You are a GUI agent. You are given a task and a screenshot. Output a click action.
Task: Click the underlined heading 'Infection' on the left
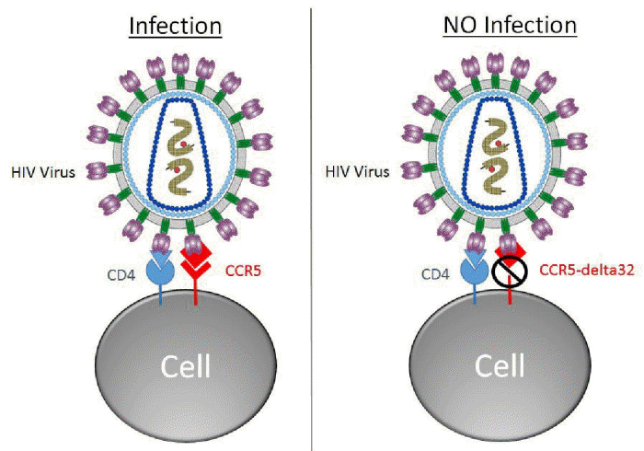175,25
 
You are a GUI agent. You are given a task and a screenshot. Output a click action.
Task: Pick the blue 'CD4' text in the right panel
437,272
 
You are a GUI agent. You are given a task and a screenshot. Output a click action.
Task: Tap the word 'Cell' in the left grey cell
184,365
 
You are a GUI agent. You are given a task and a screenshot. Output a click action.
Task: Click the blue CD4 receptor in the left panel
163,268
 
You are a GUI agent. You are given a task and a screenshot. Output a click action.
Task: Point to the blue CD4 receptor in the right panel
477,268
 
